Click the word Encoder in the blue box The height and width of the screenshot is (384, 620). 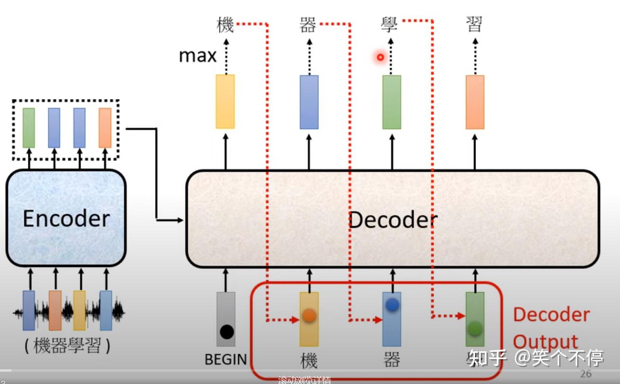(66, 219)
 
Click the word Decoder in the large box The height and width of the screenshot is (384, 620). (393, 220)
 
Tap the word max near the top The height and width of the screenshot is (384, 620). (198, 56)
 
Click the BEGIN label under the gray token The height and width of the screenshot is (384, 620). (226, 359)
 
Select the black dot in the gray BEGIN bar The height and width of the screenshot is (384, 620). (227, 332)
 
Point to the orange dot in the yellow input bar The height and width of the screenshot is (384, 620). (309, 315)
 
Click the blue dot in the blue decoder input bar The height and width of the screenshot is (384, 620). (392, 305)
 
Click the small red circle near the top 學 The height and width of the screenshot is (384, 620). (380, 57)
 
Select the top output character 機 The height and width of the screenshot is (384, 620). (225, 25)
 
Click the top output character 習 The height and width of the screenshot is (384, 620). (474, 25)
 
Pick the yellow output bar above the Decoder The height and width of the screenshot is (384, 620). (225, 101)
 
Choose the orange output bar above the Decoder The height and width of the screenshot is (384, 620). (475, 102)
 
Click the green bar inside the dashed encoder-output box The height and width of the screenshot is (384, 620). (29, 128)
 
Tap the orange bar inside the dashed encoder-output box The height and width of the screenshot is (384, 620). (105, 128)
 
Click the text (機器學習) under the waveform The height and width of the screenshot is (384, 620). (67, 347)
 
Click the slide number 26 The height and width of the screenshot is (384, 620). (586, 374)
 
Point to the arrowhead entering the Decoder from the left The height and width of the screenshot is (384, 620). (180, 219)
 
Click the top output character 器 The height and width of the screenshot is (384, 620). (308, 25)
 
